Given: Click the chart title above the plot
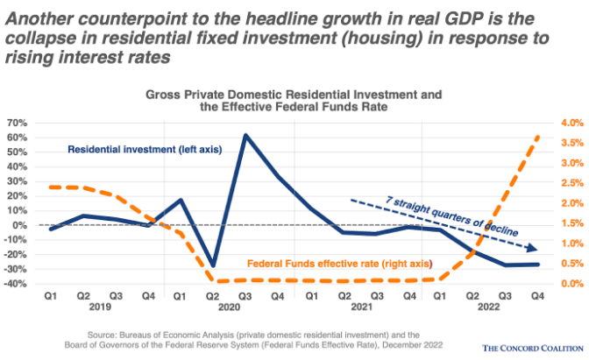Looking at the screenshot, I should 294,99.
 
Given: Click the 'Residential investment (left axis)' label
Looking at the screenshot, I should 145,149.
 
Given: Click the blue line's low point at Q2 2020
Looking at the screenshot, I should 213,265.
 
